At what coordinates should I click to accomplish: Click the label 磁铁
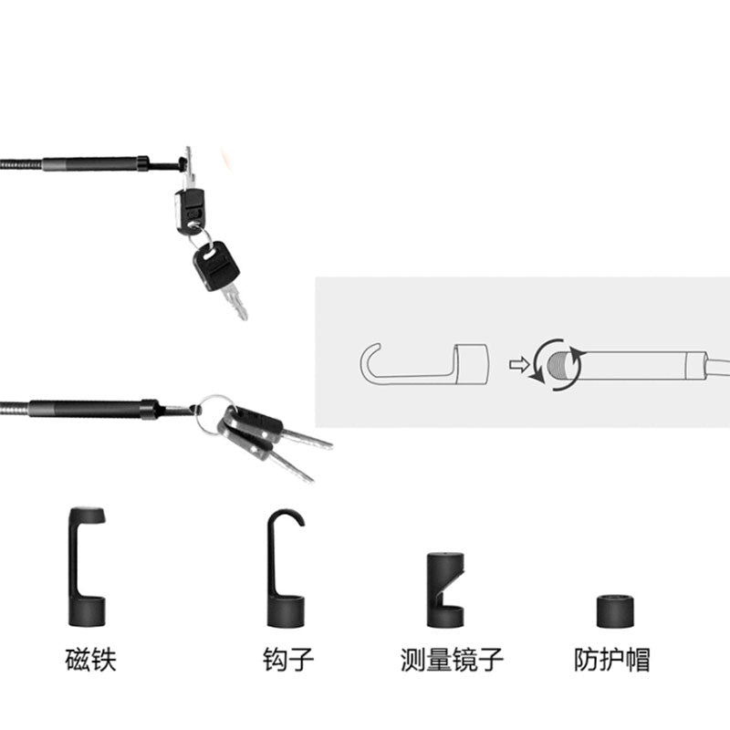click(90, 659)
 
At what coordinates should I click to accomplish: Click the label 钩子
click(288, 659)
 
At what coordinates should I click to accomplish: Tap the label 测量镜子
click(452, 659)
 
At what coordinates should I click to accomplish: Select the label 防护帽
click(611, 659)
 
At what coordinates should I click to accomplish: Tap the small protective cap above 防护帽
click(615, 611)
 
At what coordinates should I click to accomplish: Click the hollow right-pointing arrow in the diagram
click(518, 364)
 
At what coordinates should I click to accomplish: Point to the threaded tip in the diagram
click(558, 364)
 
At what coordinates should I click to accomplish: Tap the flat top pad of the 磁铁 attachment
click(88, 515)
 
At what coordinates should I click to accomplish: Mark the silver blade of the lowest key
click(291, 466)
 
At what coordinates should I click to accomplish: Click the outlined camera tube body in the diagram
click(637, 365)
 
